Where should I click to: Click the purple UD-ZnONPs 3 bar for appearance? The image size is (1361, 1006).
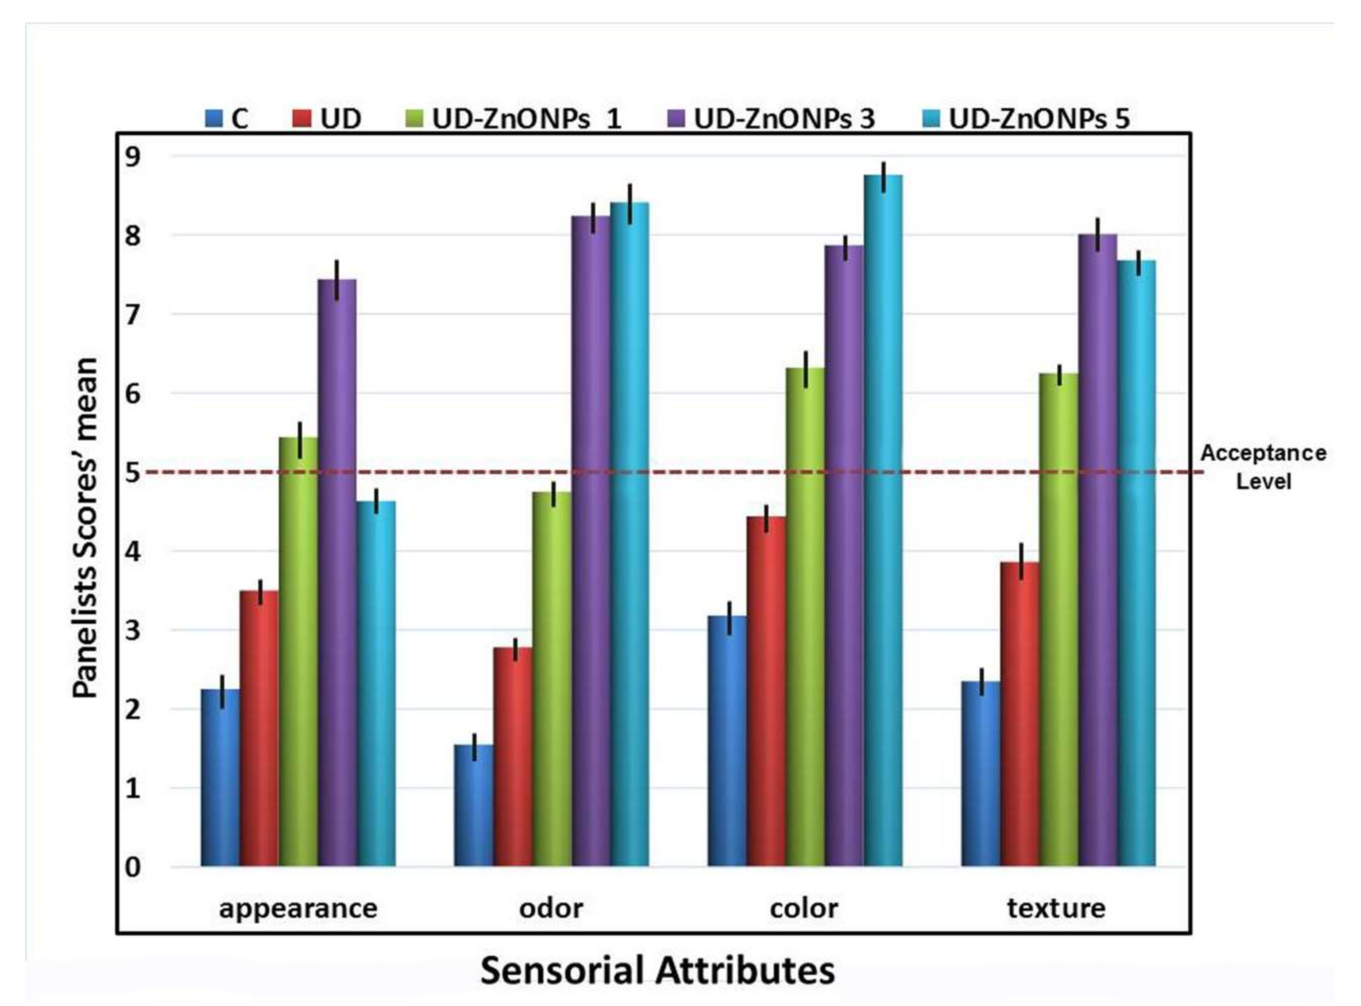337,572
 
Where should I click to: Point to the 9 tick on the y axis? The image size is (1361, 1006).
132,157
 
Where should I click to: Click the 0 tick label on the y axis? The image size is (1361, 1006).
132,867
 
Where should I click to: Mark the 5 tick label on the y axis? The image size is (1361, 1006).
132,473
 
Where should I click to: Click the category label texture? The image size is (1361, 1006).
1056,908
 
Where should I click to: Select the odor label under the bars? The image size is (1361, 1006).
551,908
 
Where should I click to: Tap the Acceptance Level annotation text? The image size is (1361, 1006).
1263,467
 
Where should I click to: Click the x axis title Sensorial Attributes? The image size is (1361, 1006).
657,971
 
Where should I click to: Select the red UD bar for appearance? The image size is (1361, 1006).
259,728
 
